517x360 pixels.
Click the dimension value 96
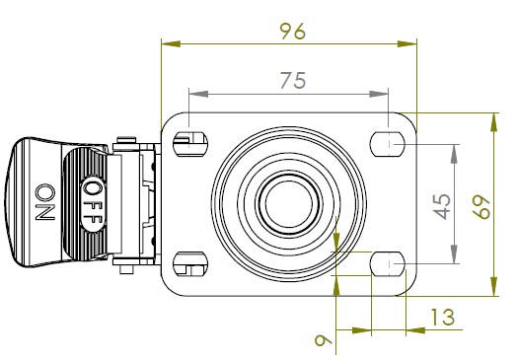pyautogui.click(x=293, y=32)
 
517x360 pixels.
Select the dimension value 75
pyautogui.click(x=293, y=81)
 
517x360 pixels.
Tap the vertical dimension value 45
pyautogui.click(x=442, y=206)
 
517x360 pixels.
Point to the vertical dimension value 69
pyautogui.click(x=481, y=207)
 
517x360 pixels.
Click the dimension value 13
pyautogui.click(x=443, y=318)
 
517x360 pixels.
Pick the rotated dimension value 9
pyautogui.click(x=324, y=340)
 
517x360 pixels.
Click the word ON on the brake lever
pyautogui.click(x=45, y=202)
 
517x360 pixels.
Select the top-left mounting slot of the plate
pyautogui.click(x=190, y=144)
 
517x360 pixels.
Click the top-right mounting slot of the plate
pyautogui.click(x=388, y=144)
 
